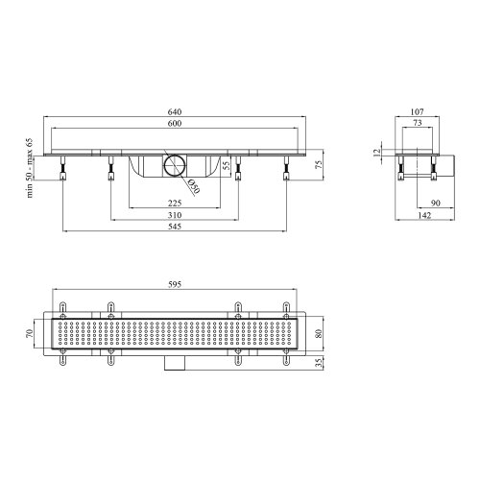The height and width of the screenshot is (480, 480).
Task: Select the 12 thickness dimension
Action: (x=379, y=152)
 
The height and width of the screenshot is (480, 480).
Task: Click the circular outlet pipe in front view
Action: (x=173, y=163)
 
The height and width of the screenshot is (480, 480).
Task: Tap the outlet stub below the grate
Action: (x=173, y=362)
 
